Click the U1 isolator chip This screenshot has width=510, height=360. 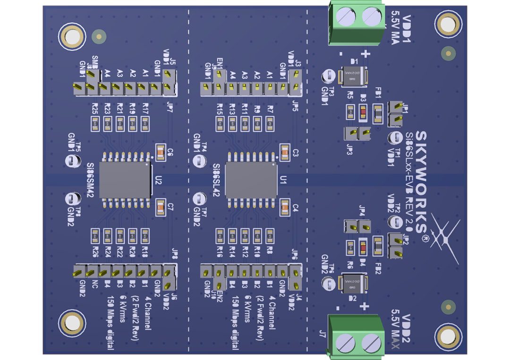point(251,180)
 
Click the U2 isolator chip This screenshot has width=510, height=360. point(125,180)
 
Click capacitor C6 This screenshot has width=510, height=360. point(160,152)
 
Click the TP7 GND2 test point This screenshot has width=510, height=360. point(199,200)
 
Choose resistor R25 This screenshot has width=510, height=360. point(95,124)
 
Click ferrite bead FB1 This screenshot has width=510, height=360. point(378,112)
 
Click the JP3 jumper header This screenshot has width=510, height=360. point(357,134)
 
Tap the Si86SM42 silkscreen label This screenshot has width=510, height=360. point(91,180)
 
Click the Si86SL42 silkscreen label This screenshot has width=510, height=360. point(216,180)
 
